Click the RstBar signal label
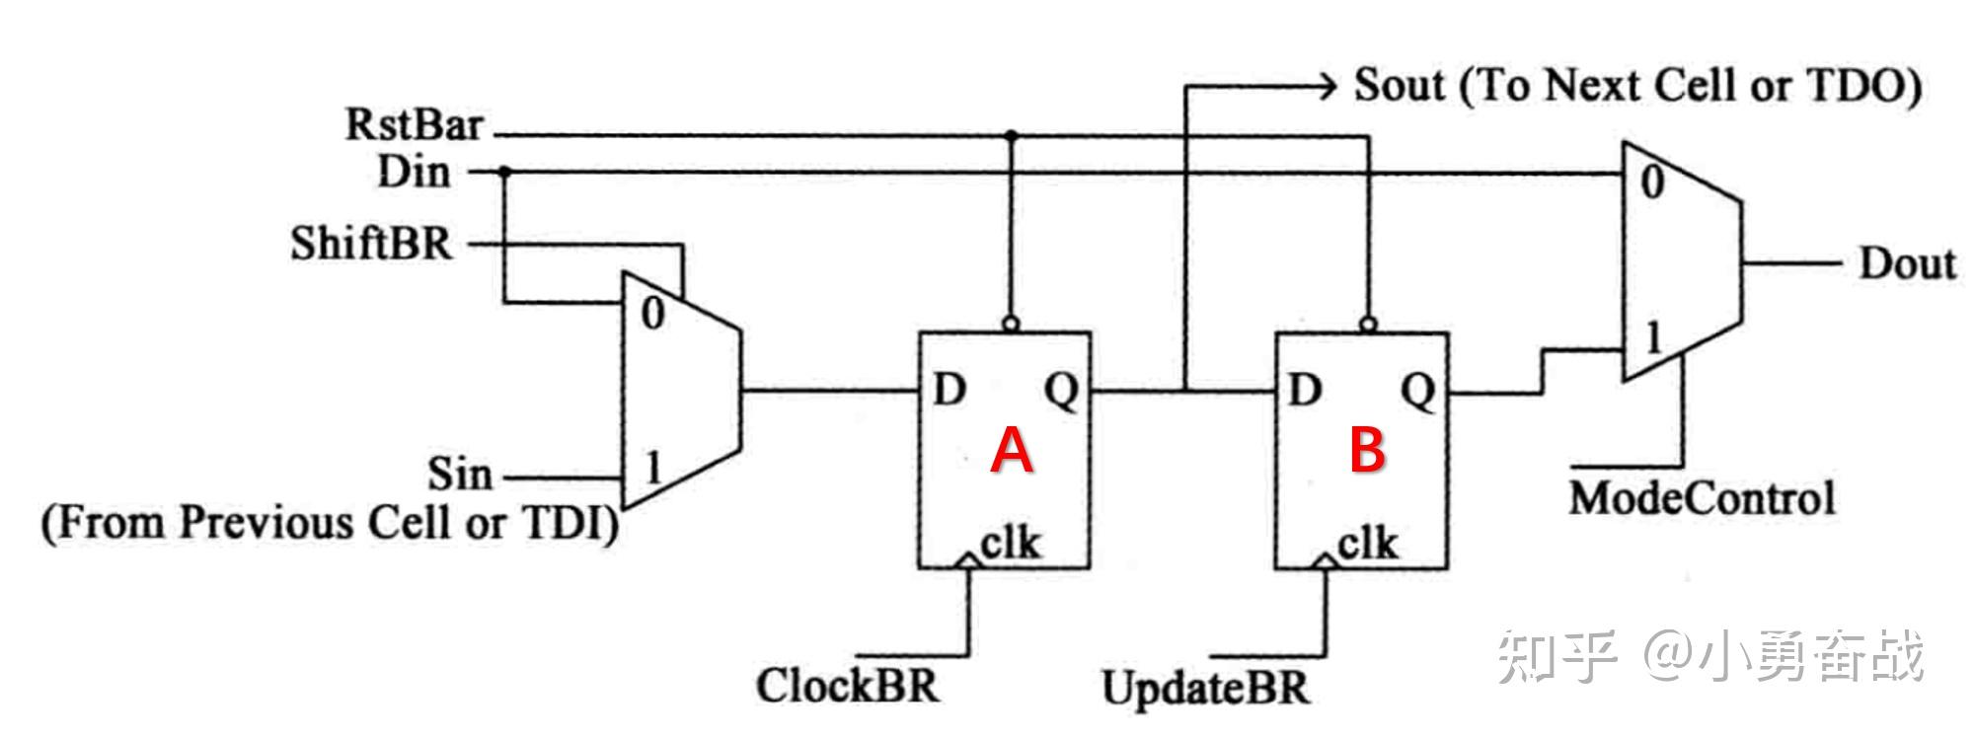[x=415, y=125]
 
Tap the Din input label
[x=415, y=173]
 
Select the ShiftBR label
[x=371, y=243]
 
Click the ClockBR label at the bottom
[x=848, y=686]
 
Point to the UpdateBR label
[x=1205, y=688]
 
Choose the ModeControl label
[x=1702, y=498]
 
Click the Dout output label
[x=1907, y=264]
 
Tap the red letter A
[x=1012, y=451]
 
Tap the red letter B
[x=1367, y=450]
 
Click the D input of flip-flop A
[x=949, y=392]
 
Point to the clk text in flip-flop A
[x=1010, y=543]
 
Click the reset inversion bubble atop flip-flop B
[x=1367, y=324]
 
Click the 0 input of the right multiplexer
[x=1652, y=184]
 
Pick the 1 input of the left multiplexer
[x=652, y=466]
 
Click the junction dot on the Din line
[x=504, y=173]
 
